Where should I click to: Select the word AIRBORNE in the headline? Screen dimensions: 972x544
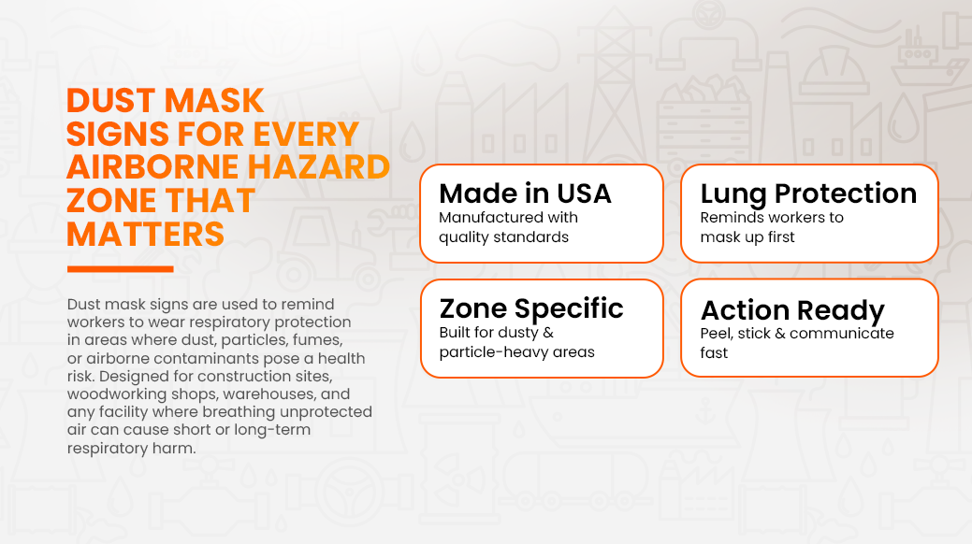(x=152, y=167)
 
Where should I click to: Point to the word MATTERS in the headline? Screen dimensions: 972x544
(x=146, y=235)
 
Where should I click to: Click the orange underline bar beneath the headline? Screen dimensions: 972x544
(x=121, y=269)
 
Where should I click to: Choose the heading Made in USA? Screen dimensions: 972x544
(x=525, y=193)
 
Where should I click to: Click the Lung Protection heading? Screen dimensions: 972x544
(x=808, y=194)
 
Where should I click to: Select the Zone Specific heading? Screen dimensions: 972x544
(x=531, y=309)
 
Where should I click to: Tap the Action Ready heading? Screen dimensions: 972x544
(x=792, y=310)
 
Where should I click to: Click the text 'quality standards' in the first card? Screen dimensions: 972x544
(x=503, y=237)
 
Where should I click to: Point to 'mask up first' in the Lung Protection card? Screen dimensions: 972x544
(x=747, y=237)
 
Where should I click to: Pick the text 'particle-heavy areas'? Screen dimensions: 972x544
(x=516, y=352)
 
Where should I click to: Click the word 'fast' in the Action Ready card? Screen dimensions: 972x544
(x=714, y=353)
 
